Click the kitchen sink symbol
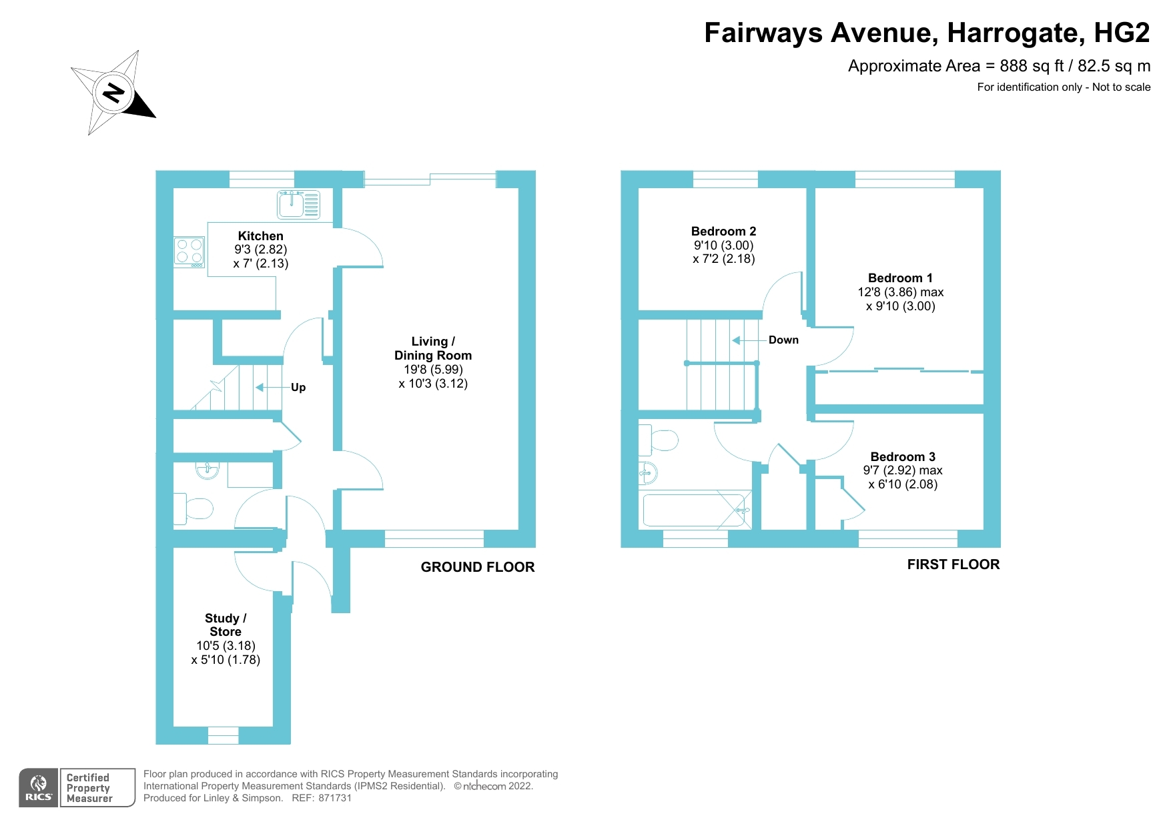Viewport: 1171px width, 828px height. pyautogui.click(x=299, y=204)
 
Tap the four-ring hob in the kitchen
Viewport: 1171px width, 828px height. pyautogui.click(x=189, y=252)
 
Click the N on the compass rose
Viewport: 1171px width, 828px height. pyautogui.click(x=114, y=92)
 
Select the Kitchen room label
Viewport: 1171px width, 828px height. pyautogui.click(x=260, y=236)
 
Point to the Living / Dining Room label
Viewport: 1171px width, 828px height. pyautogui.click(x=432, y=348)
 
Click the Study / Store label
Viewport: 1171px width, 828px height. pyautogui.click(x=226, y=625)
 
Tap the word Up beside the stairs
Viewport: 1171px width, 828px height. pyautogui.click(x=298, y=388)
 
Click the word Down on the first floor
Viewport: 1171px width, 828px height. pyautogui.click(x=783, y=340)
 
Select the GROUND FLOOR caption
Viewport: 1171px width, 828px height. pyautogui.click(x=478, y=567)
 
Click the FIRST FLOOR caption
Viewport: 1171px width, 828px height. pyautogui.click(x=953, y=564)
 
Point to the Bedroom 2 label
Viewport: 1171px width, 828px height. pyautogui.click(x=723, y=232)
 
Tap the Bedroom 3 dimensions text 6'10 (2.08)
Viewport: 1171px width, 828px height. pyautogui.click(x=903, y=484)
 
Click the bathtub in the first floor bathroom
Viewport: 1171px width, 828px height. pyautogui.click(x=694, y=510)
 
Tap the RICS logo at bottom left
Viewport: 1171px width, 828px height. pyautogui.click(x=39, y=788)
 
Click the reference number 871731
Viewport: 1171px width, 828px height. pyautogui.click(x=335, y=798)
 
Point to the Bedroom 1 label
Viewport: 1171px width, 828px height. pyautogui.click(x=900, y=278)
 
